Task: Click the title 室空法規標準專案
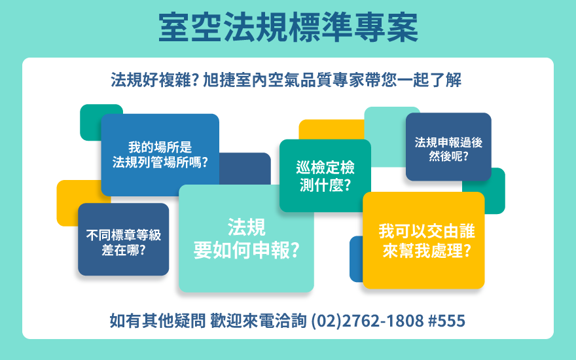pyautogui.click(x=289, y=27)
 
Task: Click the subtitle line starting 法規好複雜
pyautogui.click(x=286, y=80)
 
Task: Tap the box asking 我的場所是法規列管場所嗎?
pyautogui.click(x=160, y=154)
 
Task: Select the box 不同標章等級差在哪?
pyautogui.click(x=124, y=239)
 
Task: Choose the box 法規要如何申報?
pyautogui.click(x=246, y=238)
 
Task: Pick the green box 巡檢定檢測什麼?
pyautogui.click(x=325, y=175)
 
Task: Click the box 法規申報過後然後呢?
pyautogui.click(x=448, y=147)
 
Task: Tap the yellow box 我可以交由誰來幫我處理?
pyautogui.click(x=423, y=240)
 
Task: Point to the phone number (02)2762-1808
pyautogui.click(x=368, y=321)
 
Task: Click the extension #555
pyautogui.click(x=446, y=321)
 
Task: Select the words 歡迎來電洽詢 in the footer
pyautogui.click(x=259, y=321)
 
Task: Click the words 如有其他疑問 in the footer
pyautogui.click(x=158, y=321)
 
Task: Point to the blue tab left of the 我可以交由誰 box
pyautogui.click(x=356, y=259)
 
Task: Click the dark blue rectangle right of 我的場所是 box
pyautogui.click(x=245, y=169)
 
